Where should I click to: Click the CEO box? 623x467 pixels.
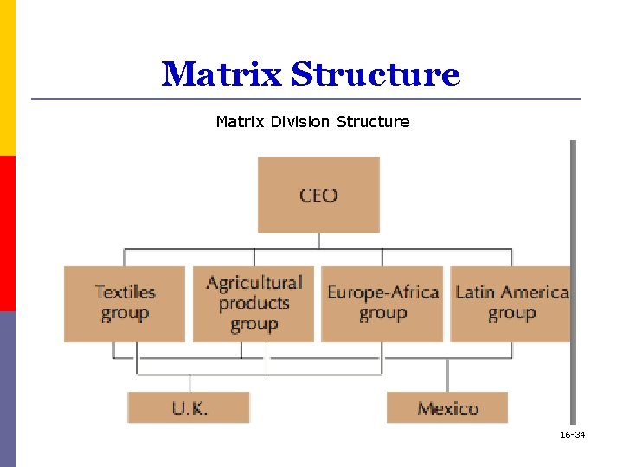click(x=318, y=195)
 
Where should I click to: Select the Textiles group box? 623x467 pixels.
click(x=125, y=304)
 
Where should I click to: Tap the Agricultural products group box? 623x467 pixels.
click(x=254, y=304)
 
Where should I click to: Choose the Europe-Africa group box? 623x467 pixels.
click(x=382, y=304)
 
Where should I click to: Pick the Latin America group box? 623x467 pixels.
click(x=511, y=304)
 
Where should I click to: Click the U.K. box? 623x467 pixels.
click(x=189, y=407)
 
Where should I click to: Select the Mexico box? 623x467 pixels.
click(x=447, y=407)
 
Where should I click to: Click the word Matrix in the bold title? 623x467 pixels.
click(x=222, y=74)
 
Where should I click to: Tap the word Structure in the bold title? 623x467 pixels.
click(x=376, y=74)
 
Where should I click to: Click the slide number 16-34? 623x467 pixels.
click(x=572, y=434)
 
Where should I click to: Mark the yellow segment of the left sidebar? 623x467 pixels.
click(x=7, y=78)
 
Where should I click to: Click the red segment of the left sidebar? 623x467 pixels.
click(x=7, y=233)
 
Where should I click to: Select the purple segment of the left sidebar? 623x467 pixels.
click(x=7, y=389)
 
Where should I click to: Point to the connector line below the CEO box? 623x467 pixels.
click(x=318, y=241)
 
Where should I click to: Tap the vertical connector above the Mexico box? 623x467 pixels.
click(x=447, y=375)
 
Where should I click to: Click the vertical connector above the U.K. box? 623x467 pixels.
click(x=189, y=383)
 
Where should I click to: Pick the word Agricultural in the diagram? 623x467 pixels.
click(x=254, y=283)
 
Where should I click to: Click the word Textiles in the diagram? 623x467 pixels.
click(x=125, y=292)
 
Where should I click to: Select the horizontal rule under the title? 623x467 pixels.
click(x=306, y=99)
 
